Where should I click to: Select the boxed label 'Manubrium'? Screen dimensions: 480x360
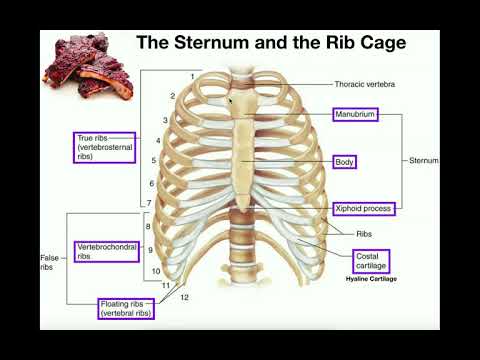click(x=356, y=115)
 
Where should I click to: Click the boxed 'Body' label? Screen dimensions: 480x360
click(x=345, y=160)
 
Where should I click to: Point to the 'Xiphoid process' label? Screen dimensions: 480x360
click(x=363, y=208)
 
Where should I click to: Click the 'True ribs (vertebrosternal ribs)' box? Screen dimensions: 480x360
click(x=105, y=147)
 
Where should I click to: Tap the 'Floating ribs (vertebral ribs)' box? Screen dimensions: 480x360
click(x=133, y=308)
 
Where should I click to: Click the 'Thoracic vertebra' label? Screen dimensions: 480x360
click(x=365, y=85)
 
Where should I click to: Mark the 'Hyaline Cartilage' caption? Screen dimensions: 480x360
click(x=371, y=280)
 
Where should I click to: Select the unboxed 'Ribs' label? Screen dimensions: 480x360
click(x=364, y=233)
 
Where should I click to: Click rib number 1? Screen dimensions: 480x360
click(x=192, y=77)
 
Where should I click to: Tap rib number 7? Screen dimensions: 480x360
click(x=149, y=203)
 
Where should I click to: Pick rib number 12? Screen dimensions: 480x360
click(x=184, y=297)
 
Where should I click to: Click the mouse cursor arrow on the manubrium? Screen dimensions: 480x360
click(x=231, y=100)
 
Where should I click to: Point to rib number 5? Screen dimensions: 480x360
click(x=153, y=160)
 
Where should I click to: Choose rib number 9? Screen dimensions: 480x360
click(x=150, y=249)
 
